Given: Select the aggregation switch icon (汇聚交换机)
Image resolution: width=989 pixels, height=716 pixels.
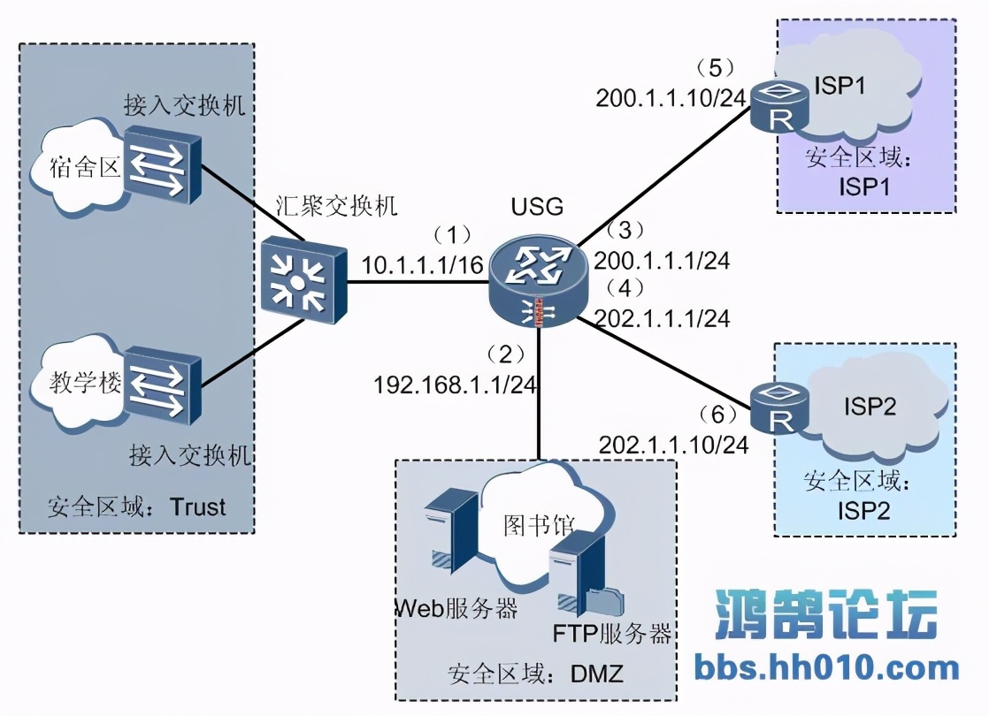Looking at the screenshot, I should [304, 279].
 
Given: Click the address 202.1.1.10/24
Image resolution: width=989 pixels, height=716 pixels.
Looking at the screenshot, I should [673, 445].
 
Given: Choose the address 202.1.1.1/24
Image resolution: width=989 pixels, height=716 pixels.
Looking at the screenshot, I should [662, 318].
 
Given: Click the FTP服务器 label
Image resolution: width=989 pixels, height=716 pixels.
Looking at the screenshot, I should [612, 634].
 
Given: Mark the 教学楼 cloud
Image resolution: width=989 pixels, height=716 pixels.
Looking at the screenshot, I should [75, 387].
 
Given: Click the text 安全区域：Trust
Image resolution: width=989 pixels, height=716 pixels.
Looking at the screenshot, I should [137, 507].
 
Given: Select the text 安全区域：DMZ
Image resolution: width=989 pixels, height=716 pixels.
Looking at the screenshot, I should [536, 674].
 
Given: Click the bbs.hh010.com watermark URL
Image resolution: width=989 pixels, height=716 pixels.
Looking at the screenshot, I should [827, 667].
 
